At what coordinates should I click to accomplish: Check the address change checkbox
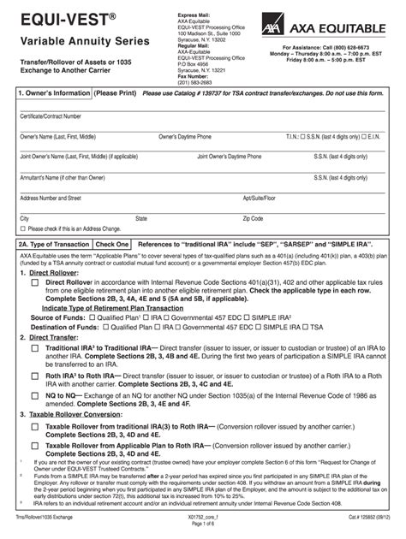coord(23,228)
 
